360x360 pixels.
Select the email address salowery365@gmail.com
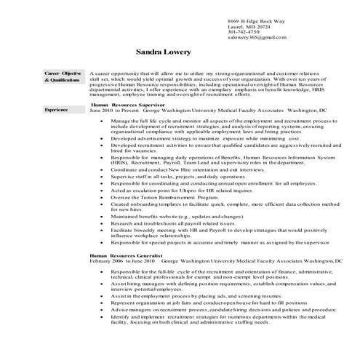[x=252, y=37]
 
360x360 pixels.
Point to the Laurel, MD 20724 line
[x=245, y=25]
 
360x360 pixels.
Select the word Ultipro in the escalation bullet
[x=196, y=191]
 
